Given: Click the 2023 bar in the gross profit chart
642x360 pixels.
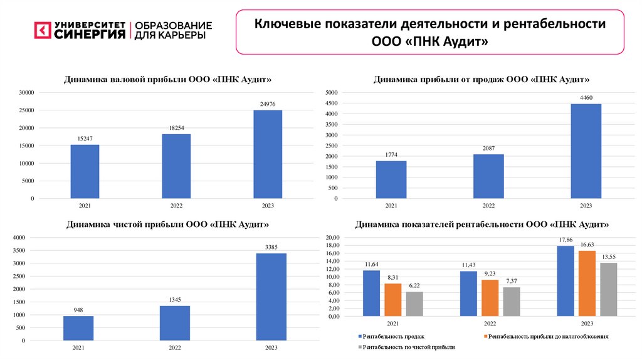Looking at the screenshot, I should (268, 154).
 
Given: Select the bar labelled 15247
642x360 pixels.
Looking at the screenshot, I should (85, 171).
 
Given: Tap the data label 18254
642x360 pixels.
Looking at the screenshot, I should (176, 127).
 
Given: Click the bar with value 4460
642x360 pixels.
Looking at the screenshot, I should (586, 151).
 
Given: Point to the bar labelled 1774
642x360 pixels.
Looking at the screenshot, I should (391, 179).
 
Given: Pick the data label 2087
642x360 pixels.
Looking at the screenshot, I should (488, 147).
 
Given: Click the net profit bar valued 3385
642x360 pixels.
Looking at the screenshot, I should (271, 297).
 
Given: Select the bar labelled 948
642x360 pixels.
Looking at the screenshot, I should (78, 328).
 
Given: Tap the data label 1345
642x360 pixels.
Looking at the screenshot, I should (175, 300).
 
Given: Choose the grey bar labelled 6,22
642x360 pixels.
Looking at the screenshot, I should (414, 304).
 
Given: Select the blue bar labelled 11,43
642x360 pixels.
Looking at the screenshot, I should (468, 294).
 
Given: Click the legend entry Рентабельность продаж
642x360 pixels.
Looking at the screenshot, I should (386, 337).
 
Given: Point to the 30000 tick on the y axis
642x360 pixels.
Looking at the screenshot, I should (26, 93).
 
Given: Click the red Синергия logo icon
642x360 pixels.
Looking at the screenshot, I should (42, 30).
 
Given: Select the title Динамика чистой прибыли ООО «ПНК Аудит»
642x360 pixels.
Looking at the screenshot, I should (168, 224).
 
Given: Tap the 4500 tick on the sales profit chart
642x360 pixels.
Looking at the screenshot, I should (332, 103).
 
